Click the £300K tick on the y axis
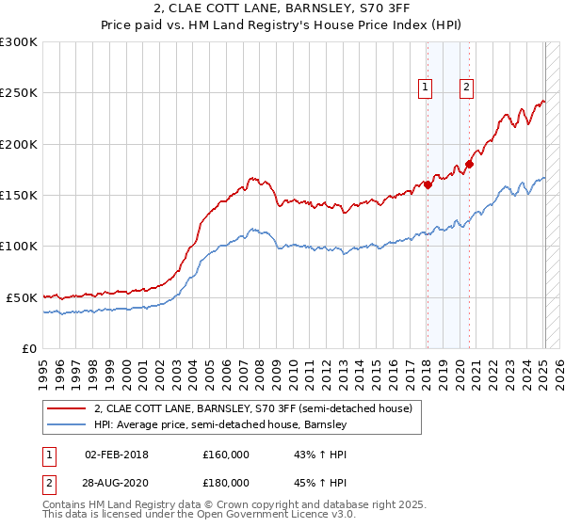[x=18, y=42]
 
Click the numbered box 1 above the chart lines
[x=426, y=88]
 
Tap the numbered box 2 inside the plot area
[x=466, y=88]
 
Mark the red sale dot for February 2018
[x=428, y=184]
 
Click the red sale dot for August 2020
[x=470, y=164]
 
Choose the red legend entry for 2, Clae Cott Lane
[x=252, y=409]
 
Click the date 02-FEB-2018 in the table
[x=117, y=455]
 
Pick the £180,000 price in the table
[x=226, y=483]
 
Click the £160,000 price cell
[x=226, y=455]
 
